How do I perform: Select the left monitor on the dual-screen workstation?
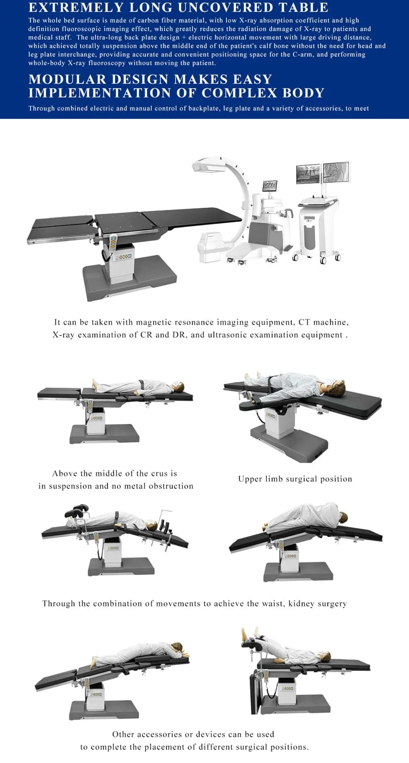308,173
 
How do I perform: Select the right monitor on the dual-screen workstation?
336,172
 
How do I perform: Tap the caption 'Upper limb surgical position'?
295,479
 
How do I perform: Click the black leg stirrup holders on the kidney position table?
76,512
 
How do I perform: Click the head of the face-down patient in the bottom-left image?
177,649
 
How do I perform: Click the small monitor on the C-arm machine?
269,186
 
